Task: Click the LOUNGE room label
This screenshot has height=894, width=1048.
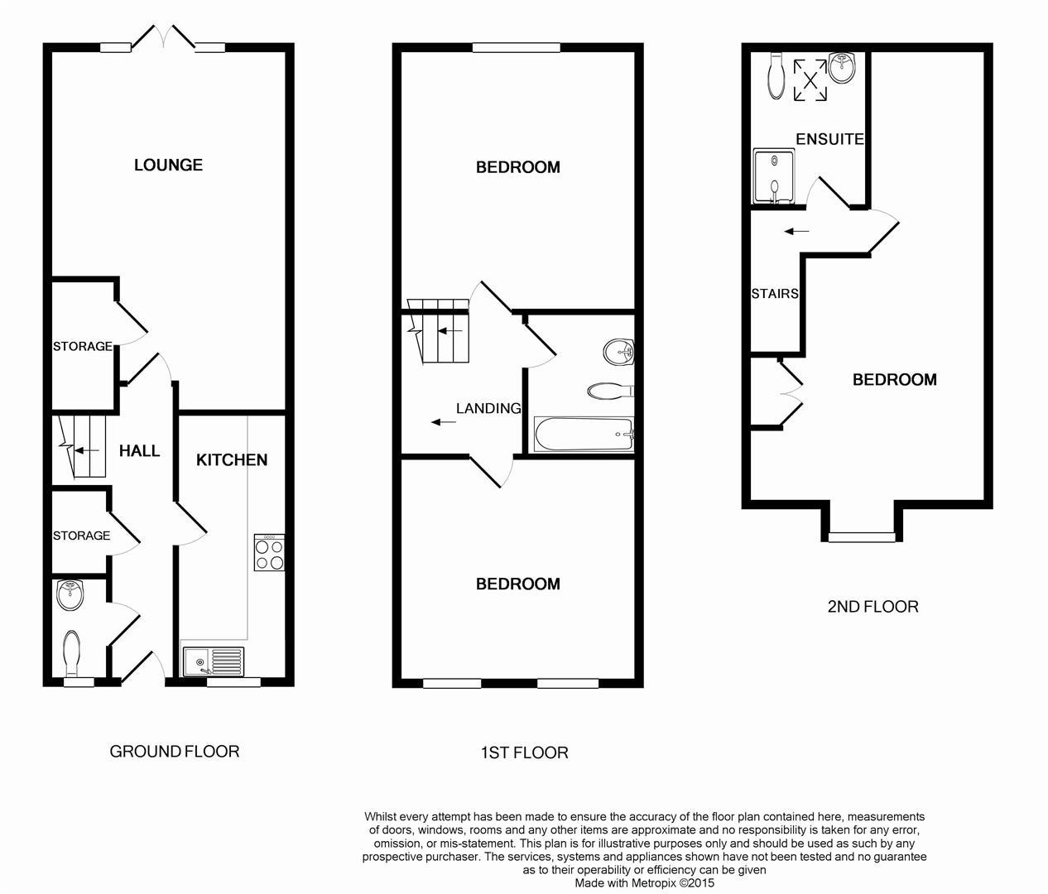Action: (x=168, y=165)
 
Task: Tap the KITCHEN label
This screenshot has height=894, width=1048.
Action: (x=232, y=459)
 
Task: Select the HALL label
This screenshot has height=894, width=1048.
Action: (x=139, y=451)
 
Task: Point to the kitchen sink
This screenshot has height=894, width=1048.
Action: (x=214, y=661)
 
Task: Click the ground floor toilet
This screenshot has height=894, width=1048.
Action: (x=71, y=652)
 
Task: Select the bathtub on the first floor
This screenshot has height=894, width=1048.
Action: (x=584, y=435)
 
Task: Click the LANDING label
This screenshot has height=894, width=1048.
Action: (x=488, y=408)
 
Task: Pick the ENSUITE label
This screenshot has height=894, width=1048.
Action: (x=829, y=139)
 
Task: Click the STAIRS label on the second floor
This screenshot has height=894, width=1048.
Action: (x=775, y=293)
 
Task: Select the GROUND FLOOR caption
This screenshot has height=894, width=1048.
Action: (x=175, y=752)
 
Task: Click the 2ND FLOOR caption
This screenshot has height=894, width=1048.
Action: (x=873, y=607)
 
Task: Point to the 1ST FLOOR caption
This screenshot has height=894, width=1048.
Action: (x=524, y=752)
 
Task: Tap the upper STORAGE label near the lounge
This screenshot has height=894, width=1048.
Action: (x=83, y=346)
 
